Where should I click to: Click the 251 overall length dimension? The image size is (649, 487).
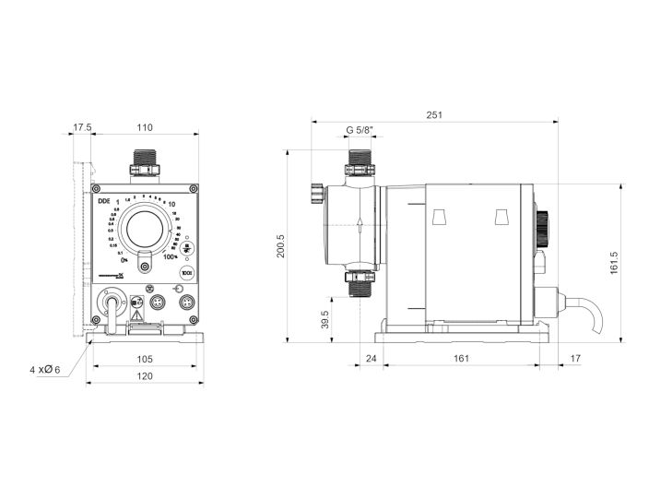(x=434, y=115)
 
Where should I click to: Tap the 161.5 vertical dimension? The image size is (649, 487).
(x=614, y=262)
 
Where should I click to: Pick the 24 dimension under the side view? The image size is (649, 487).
(x=371, y=358)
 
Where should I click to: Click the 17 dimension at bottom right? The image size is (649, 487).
(x=575, y=358)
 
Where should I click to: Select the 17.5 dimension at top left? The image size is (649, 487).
(x=82, y=129)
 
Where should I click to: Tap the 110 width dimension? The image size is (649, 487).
(x=145, y=129)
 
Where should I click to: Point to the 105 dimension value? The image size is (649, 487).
(x=144, y=358)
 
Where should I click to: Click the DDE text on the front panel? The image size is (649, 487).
(x=103, y=199)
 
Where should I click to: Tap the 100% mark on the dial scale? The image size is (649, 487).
(x=171, y=257)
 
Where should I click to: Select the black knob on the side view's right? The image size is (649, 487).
(x=543, y=225)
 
